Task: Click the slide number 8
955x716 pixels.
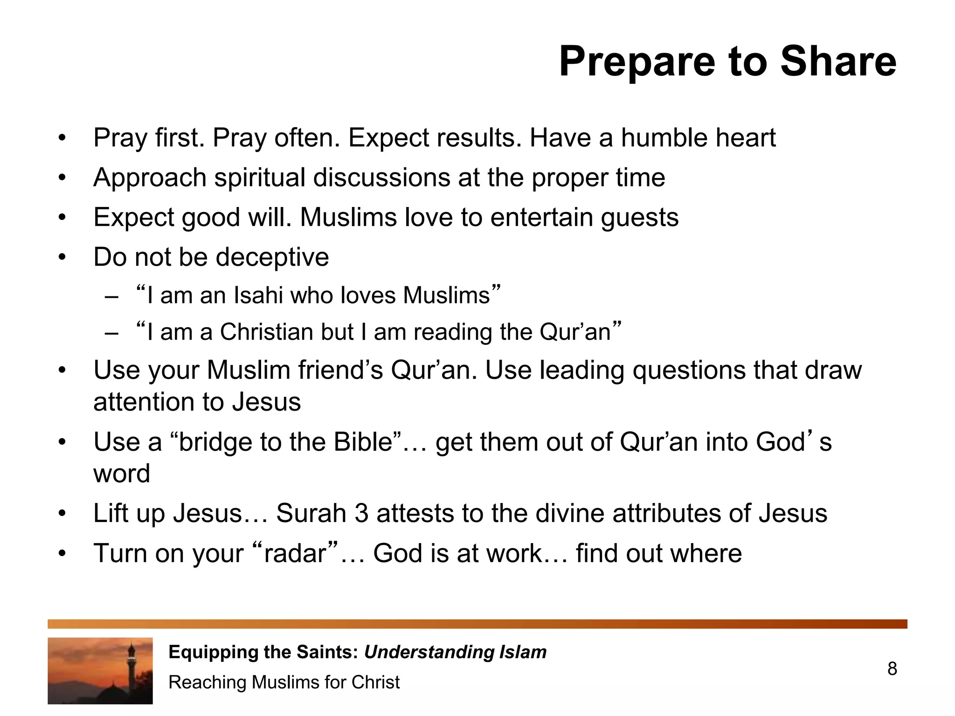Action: (x=892, y=669)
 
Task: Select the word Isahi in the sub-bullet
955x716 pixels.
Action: (x=258, y=296)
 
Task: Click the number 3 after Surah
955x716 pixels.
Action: (x=361, y=513)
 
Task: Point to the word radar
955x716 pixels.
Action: (x=295, y=554)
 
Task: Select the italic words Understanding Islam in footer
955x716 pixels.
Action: (x=455, y=652)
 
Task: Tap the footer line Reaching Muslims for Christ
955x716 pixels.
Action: (x=284, y=682)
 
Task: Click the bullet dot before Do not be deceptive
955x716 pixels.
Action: (x=62, y=258)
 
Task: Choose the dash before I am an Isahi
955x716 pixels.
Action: (x=111, y=296)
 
